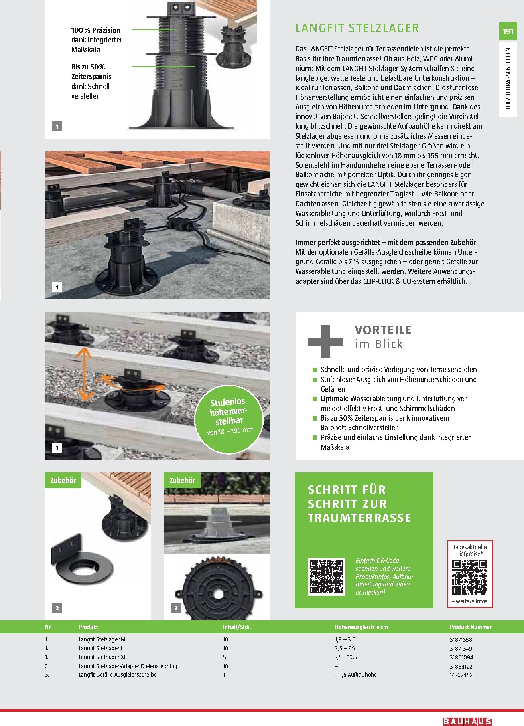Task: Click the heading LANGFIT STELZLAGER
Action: pyautogui.click(x=357, y=28)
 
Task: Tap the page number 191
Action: pyautogui.click(x=508, y=31)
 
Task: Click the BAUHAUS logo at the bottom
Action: pyautogui.click(x=467, y=721)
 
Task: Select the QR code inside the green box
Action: pyautogui.click(x=327, y=576)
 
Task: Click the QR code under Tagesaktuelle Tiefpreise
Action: pyautogui.click(x=469, y=577)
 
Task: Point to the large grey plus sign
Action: pyautogui.click(x=325, y=342)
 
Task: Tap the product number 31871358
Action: pyautogui.click(x=461, y=639)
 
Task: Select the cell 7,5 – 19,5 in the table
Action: pyautogui.click(x=346, y=657)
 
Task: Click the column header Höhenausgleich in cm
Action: pyautogui.click(x=361, y=627)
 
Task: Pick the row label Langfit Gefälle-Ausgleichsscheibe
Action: pyautogui.click(x=118, y=675)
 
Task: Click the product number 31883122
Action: pyautogui.click(x=461, y=666)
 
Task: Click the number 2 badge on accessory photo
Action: pyautogui.click(x=57, y=608)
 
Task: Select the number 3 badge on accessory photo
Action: pyautogui.click(x=175, y=608)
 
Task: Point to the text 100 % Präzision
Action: pyautogui.click(x=95, y=30)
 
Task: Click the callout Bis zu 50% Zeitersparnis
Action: pyautogui.click(x=91, y=72)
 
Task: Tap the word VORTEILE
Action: pyautogui.click(x=383, y=330)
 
